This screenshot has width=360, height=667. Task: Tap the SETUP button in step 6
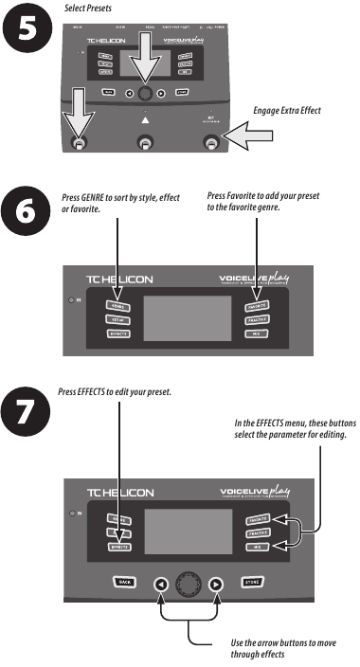(118, 321)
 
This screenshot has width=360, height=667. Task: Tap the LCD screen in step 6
(189, 319)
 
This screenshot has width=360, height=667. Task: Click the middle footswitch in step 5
(145, 143)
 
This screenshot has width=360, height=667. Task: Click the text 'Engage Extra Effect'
(286, 111)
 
